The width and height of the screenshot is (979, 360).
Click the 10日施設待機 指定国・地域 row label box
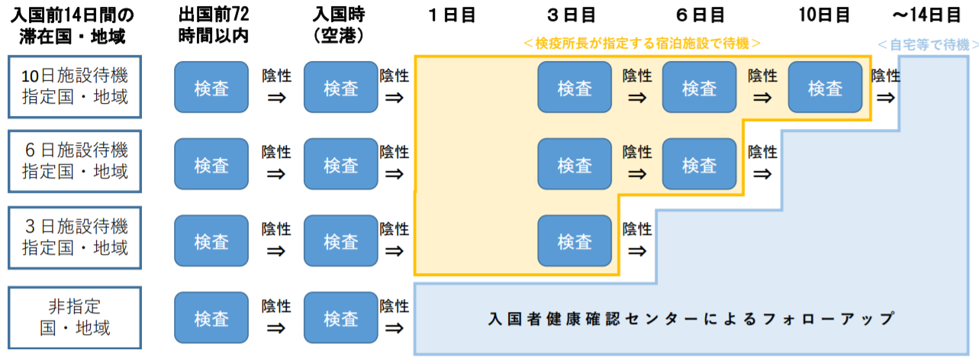(75, 87)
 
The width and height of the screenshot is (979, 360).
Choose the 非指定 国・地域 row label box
(75, 318)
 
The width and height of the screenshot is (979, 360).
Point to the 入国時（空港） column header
(340, 24)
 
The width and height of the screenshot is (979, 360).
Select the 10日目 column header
(825, 14)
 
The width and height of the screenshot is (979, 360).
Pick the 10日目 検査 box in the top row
(825, 88)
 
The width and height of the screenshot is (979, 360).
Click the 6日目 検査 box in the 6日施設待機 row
(699, 164)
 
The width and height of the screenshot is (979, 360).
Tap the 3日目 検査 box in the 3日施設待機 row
(575, 241)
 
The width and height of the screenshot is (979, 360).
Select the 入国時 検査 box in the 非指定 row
(340, 318)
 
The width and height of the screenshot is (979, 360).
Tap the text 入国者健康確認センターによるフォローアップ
(691, 319)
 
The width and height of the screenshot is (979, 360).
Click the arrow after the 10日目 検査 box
(885, 98)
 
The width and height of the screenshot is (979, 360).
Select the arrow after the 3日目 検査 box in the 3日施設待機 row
(636, 250)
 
